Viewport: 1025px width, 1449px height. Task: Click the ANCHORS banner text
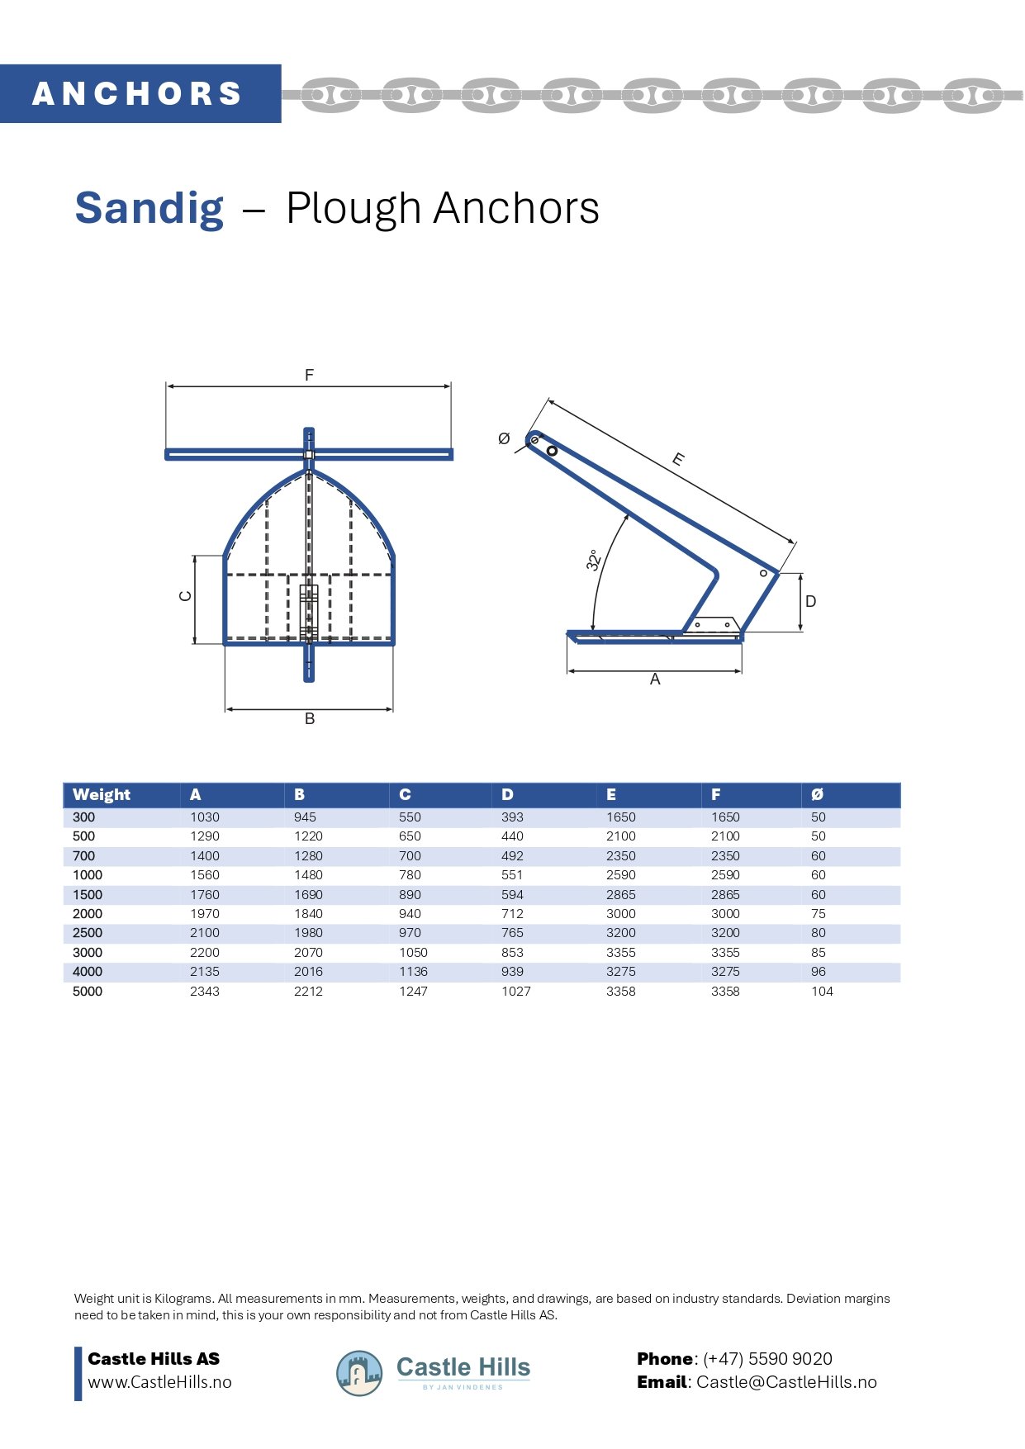137,94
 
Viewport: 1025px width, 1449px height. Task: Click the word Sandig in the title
149,208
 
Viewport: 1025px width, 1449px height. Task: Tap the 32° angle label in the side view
593,560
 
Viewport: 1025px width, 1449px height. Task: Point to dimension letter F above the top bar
309,375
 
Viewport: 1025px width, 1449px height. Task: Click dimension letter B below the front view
310,718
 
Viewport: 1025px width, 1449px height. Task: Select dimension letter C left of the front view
186,596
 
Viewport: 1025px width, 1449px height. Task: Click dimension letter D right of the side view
810,601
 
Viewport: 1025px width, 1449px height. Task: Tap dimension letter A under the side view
655,680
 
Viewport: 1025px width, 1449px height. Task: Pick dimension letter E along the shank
678,459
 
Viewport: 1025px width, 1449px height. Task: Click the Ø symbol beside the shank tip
504,439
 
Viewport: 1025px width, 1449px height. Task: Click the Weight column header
102,795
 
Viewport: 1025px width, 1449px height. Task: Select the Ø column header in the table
817,795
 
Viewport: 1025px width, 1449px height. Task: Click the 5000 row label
88,991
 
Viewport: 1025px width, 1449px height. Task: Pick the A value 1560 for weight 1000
205,875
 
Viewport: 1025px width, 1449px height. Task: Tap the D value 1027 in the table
515,991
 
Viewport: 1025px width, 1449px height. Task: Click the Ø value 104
822,991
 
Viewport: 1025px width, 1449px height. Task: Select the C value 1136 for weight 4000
413,972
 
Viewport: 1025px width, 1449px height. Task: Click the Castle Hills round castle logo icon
359,1373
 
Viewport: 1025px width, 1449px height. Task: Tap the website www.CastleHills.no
159,1382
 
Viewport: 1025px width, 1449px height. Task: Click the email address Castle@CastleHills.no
786,1382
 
